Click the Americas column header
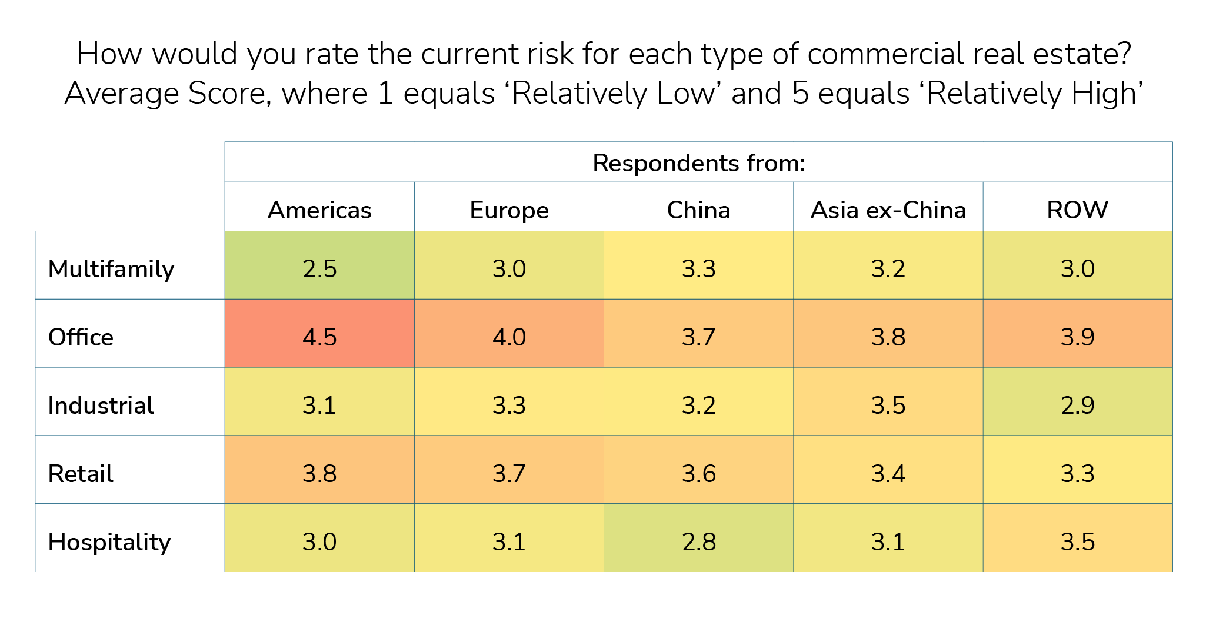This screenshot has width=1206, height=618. point(319,210)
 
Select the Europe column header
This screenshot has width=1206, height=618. point(509,210)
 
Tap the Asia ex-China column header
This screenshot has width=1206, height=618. point(888,210)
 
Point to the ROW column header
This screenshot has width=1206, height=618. point(1077,210)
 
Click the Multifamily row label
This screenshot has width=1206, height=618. point(111,269)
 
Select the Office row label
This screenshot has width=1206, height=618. point(81,337)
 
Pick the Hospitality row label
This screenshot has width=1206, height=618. point(109,542)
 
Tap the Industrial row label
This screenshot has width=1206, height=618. point(101,406)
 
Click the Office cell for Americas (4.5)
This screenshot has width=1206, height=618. point(319,337)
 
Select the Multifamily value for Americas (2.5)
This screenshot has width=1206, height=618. point(319,269)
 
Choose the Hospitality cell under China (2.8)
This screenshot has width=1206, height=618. point(698,542)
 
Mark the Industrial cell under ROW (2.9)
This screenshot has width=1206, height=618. point(1077,406)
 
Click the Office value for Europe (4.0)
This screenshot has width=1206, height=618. point(509,337)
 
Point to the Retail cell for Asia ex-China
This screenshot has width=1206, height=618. point(888,474)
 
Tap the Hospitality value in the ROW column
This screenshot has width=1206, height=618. point(1077,542)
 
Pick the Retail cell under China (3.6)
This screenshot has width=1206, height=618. point(698,474)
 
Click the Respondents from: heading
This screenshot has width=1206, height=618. point(698,163)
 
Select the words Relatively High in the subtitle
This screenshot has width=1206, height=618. point(1032,94)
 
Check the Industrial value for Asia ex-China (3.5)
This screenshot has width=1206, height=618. point(888,406)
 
